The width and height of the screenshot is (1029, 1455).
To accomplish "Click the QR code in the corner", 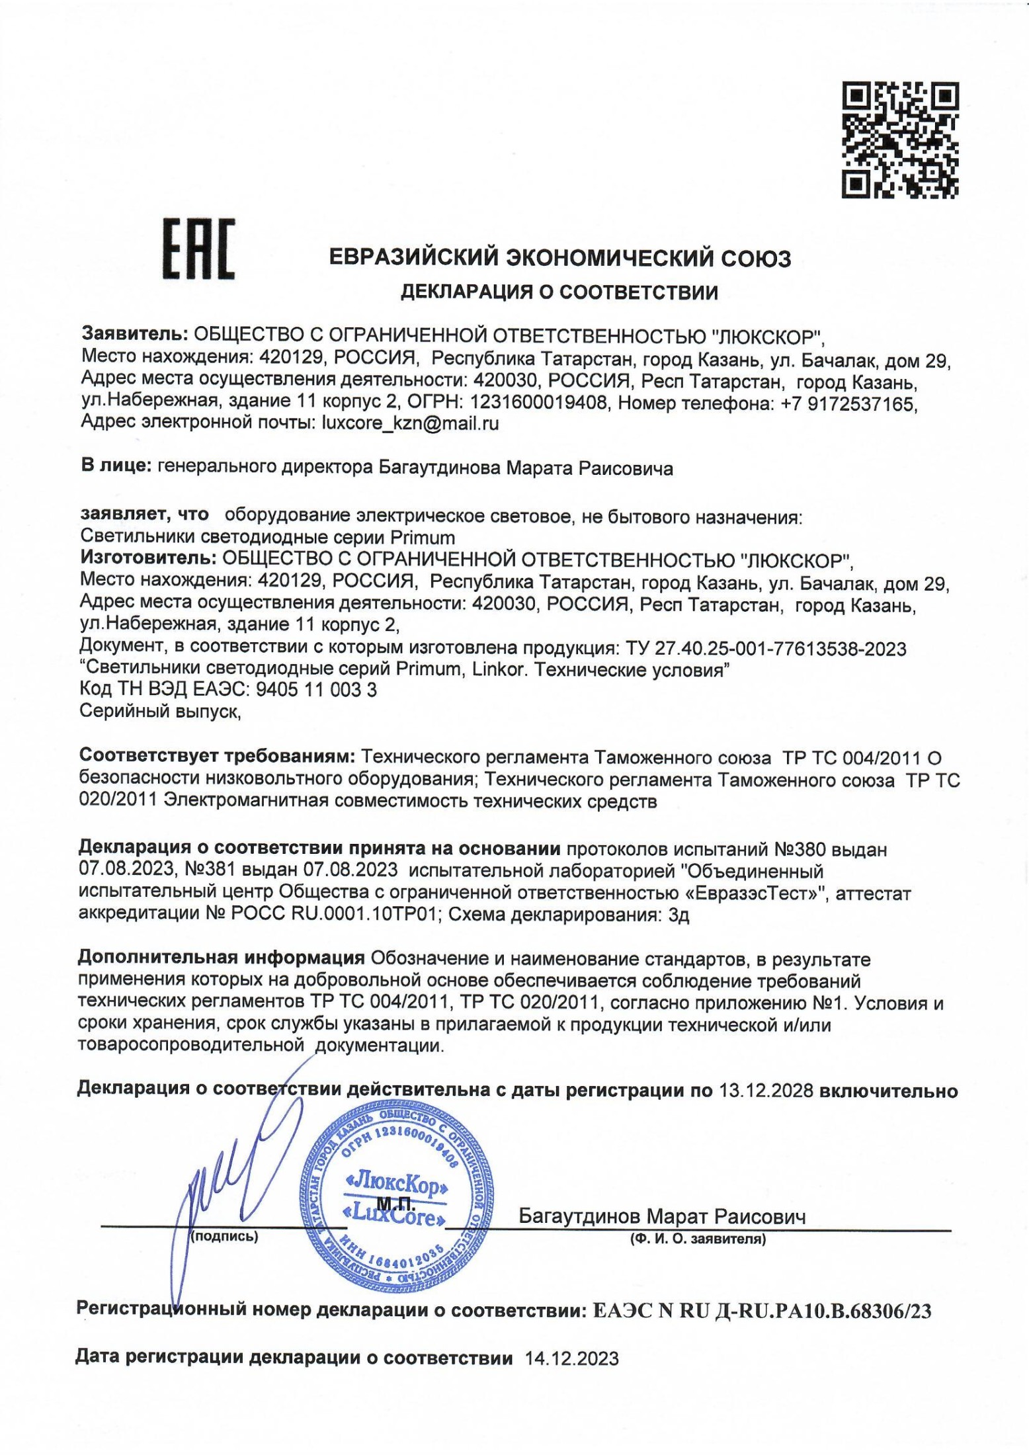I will click(x=900, y=140).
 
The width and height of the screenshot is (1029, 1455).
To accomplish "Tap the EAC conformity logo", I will click(x=198, y=249).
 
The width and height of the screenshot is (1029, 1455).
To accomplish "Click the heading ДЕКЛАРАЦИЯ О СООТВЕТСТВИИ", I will click(x=559, y=292).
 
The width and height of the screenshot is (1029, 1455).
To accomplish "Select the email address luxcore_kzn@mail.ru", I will click(x=409, y=423).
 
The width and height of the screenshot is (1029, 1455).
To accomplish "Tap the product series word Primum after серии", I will click(x=423, y=536).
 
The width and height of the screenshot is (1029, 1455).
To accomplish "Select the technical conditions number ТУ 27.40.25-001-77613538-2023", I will click(x=761, y=649).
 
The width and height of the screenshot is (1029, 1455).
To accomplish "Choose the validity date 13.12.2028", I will click(x=765, y=1091).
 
